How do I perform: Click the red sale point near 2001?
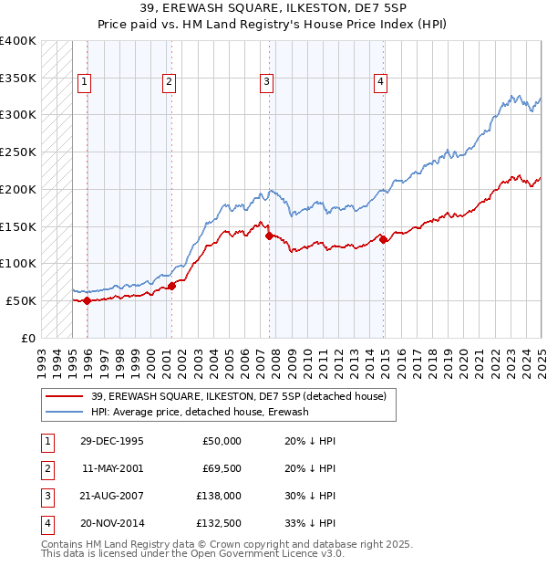pyautogui.click(x=171, y=286)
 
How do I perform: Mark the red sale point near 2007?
pyautogui.click(x=269, y=236)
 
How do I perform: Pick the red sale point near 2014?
pyautogui.click(x=383, y=239)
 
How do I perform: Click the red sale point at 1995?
pyautogui.click(x=87, y=300)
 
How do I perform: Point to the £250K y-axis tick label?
pyautogui.click(x=18, y=152)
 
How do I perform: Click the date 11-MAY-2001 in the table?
pyautogui.click(x=111, y=468)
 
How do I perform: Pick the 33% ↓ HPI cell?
pyautogui.click(x=311, y=523)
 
